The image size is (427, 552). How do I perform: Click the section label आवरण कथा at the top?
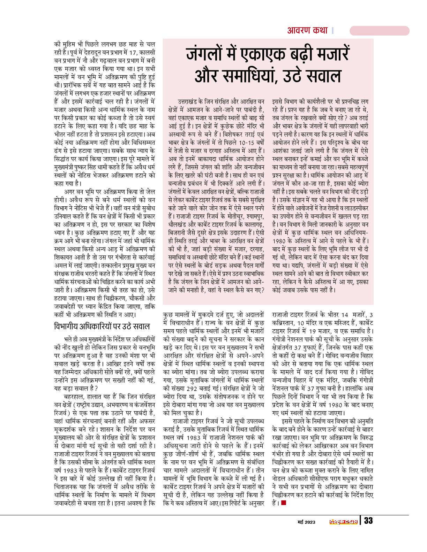(x=307, y=30)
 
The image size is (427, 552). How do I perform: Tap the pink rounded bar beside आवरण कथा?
(x=379, y=31)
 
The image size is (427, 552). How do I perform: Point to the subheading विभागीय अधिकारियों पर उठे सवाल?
(x=102, y=327)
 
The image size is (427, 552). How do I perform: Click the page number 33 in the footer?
(x=368, y=521)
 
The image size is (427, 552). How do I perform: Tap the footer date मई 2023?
(x=306, y=522)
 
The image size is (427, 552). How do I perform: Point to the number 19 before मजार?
(x=313, y=330)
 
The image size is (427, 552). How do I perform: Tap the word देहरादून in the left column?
(x=91, y=52)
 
